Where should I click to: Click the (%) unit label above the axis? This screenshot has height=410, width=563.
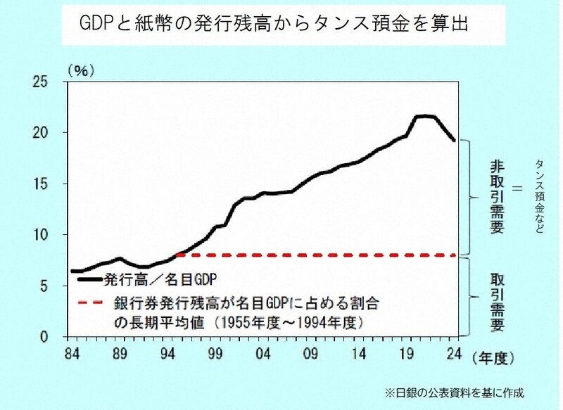pyautogui.click(x=80, y=70)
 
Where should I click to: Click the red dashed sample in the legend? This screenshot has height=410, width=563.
pyautogui.click(x=91, y=304)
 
